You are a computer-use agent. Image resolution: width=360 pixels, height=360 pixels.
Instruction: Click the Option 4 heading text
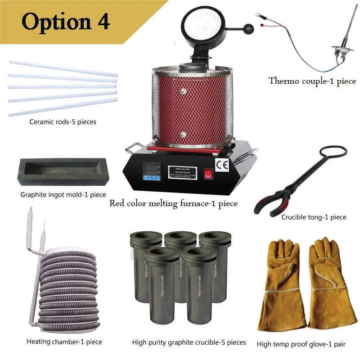point(66,21)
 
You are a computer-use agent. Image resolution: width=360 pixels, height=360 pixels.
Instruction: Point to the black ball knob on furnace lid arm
point(248,29)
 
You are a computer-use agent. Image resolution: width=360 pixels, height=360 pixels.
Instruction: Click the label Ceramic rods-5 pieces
point(63,121)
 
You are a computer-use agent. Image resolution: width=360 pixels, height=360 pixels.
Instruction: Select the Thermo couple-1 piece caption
point(312,81)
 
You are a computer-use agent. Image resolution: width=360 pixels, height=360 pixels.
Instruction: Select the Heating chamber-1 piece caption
point(64,342)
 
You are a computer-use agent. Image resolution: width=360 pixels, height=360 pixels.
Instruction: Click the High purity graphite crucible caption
point(189,342)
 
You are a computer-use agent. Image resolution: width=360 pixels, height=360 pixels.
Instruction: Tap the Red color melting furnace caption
point(174,203)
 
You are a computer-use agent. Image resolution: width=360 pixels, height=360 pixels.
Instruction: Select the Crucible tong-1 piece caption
point(314,217)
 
